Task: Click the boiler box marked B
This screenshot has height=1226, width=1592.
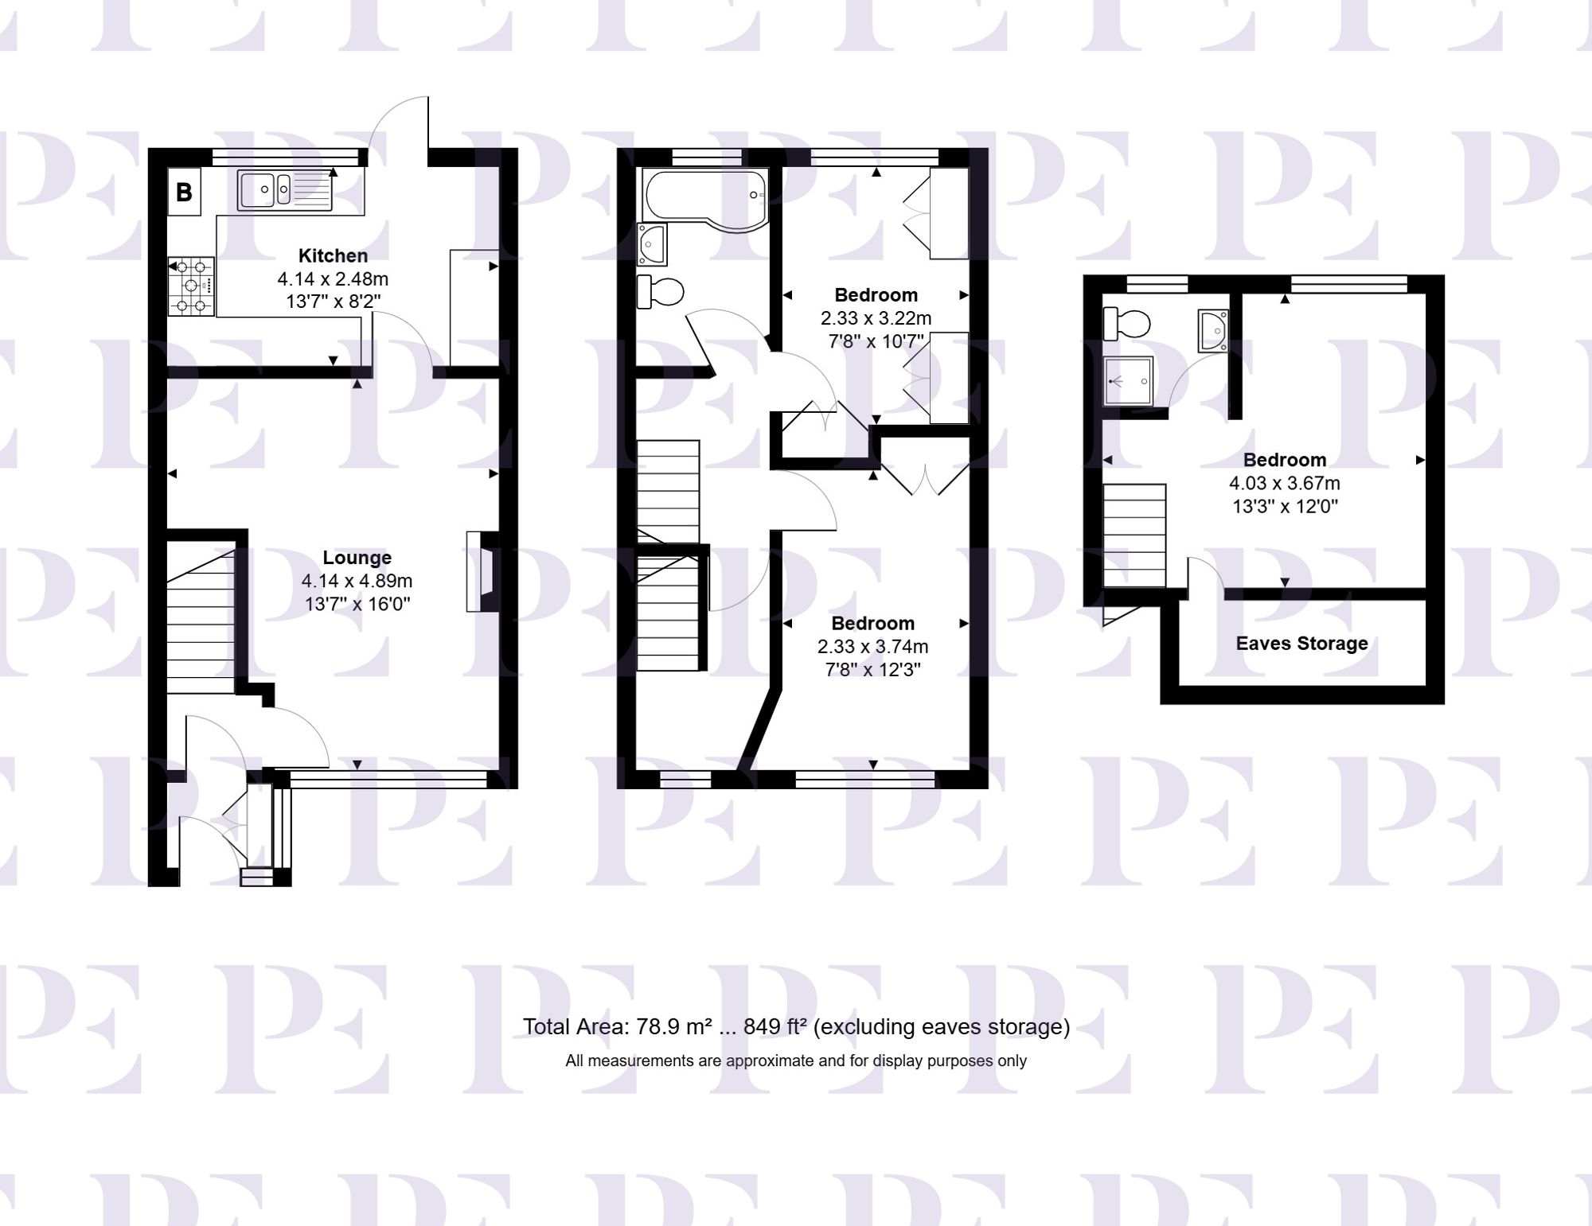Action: pyautogui.click(x=184, y=192)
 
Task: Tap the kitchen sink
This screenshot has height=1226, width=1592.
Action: pyautogui.click(x=285, y=190)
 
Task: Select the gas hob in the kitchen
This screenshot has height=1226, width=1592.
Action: pyautogui.click(x=191, y=286)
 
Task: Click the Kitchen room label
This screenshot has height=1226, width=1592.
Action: pyautogui.click(x=333, y=255)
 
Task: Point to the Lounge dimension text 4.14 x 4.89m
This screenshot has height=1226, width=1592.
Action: pyautogui.click(x=357, y=581)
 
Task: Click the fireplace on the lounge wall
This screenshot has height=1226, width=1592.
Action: pyautogui.click(x=482, y=571)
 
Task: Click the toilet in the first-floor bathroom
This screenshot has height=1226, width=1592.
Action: pyautogui.click(x=661, y=291)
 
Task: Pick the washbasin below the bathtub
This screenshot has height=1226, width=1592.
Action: pyautogui.click(x=652, y=243)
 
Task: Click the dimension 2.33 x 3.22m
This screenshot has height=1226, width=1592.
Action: pyautogui.click(x=876, y=318)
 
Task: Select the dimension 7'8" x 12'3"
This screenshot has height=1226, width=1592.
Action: pyautogui.click(x=872, y=670)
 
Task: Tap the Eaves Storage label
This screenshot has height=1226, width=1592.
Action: pyautogui.click(x=1301, y=644)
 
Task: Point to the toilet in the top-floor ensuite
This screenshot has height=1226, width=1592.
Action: pyautogui.click(x=1127, y=324)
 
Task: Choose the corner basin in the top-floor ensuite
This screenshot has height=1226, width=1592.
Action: pyautogui.click(x=1215, y=330)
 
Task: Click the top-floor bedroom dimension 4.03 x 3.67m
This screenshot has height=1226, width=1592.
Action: pyautogui.click(x=1284, y=483)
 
